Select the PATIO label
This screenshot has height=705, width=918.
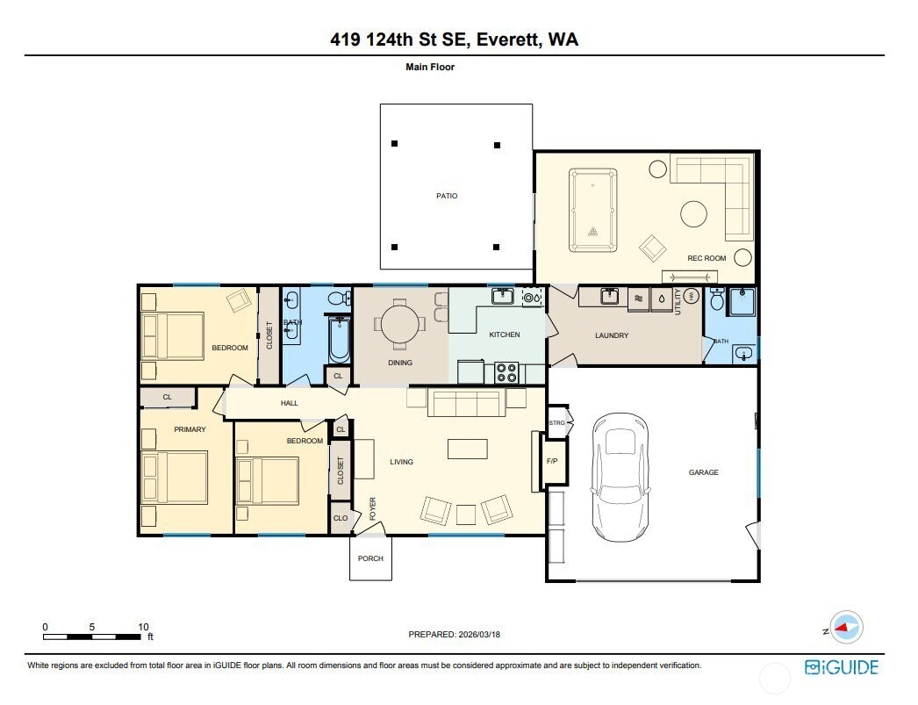(448, 196)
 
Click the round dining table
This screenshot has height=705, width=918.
(400, 322)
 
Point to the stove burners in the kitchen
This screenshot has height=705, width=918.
(507, 372)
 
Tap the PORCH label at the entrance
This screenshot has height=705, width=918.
(370, 559)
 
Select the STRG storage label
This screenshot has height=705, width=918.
(556, 423)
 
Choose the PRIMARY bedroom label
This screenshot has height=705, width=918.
(190, 429)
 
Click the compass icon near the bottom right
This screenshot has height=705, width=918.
(847, 628)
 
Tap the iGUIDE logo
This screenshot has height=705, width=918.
(842, 667)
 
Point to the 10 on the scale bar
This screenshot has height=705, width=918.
(143, 627)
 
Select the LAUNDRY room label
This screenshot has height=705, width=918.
(611, 335)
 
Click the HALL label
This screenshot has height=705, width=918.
(289, 403)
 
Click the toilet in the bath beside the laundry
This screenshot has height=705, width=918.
(717, 301)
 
